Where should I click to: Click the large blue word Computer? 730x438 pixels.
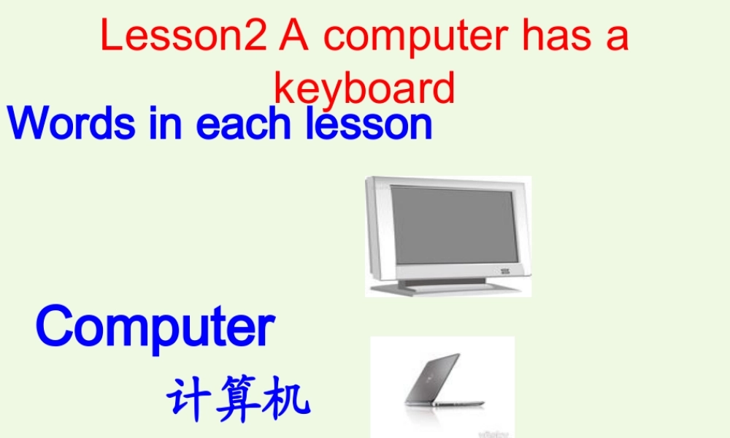pyautogui.click(x=155, y=328)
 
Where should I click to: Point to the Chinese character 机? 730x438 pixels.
pyautogui.click(x=285, y=399)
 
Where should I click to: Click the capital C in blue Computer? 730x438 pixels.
pyautogui.click(x=57, y=328)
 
